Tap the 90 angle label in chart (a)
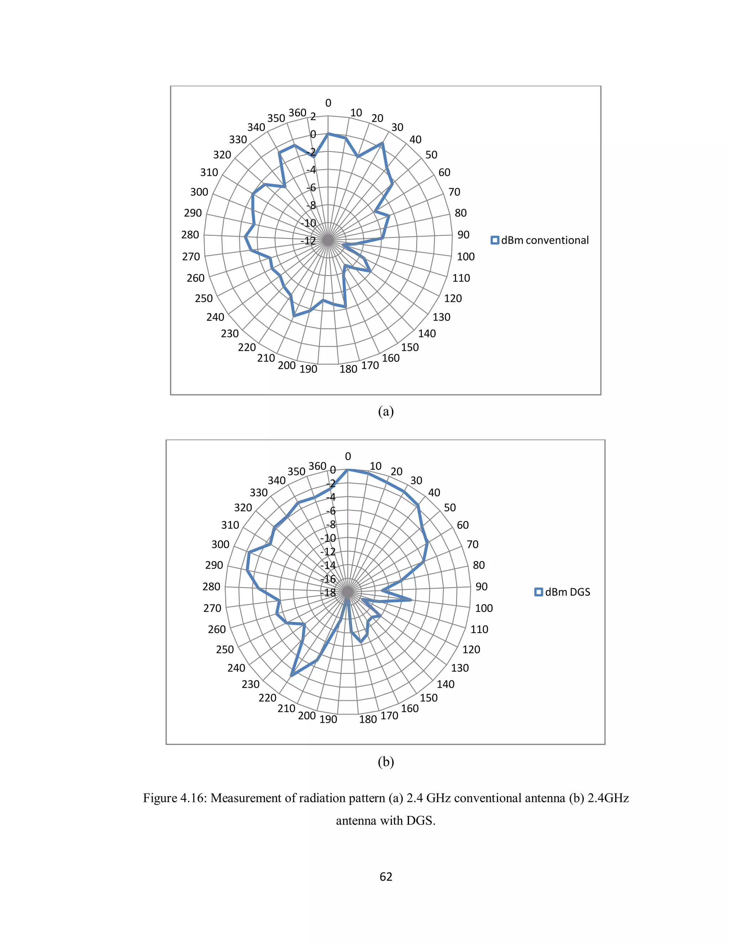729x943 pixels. click(x=463, y=235)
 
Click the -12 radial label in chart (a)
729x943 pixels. click(x=309, y=241)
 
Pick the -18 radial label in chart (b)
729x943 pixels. click(x=328, y=593)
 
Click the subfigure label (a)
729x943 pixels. click(x=386, y=411)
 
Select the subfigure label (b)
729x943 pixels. click(x=386, y=762)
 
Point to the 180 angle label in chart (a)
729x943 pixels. click(x=348, y=369)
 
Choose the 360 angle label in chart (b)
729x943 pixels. click(x=318, y=466)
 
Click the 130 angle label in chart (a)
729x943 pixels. click(x=441, y=317)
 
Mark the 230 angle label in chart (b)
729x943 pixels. click(x=251, y=684)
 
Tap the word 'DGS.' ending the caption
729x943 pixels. click(x=421, y=820)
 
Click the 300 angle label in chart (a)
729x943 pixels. click(x=199, y=192)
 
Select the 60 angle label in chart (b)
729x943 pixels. click(x=462, y=525)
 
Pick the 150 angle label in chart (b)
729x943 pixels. click(x=429, y=698)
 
